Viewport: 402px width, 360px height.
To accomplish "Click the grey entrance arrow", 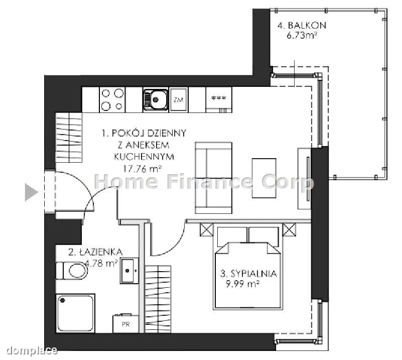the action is coord(30,192).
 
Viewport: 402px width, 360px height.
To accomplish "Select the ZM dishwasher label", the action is coord(179,99).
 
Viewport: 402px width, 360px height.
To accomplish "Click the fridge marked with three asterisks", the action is coord(219,99).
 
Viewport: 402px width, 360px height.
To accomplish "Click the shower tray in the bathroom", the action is coord(75,313).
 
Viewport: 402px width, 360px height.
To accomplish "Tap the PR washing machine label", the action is coord(125,324).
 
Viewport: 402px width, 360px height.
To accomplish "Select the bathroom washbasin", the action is coord(129,271).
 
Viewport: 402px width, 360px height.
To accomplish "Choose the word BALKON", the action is coord(307,26).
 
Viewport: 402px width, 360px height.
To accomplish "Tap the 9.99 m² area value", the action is coord(242,284).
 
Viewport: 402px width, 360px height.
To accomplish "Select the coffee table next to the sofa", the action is coord(264,178).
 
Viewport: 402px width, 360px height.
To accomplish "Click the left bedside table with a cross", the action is coord(206,229).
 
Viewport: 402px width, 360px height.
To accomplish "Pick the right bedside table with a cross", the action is coord(289,229).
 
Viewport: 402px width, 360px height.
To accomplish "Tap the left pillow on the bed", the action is coord(232,236).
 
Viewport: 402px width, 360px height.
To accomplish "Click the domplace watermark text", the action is coord(32,350).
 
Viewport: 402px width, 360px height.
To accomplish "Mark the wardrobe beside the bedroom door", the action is coord(158,299).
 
